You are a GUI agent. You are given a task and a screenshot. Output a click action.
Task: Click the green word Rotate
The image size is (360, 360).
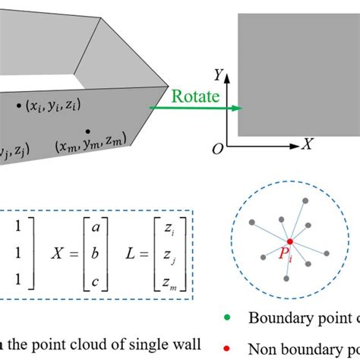(x=196, y=97)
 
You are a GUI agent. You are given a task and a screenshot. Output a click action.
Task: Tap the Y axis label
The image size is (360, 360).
(x=217, y=74)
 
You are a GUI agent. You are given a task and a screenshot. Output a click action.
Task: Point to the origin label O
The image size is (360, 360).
(x=218, y=150)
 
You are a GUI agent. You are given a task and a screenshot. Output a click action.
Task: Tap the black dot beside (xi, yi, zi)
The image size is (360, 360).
(x=19, y=107)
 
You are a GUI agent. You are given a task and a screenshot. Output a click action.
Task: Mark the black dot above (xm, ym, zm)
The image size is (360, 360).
(x=88, y=131)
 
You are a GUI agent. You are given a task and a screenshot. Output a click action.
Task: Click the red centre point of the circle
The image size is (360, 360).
(x=289, y=242)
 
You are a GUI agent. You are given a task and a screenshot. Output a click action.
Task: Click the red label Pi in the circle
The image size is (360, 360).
(x=286, y=257)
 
